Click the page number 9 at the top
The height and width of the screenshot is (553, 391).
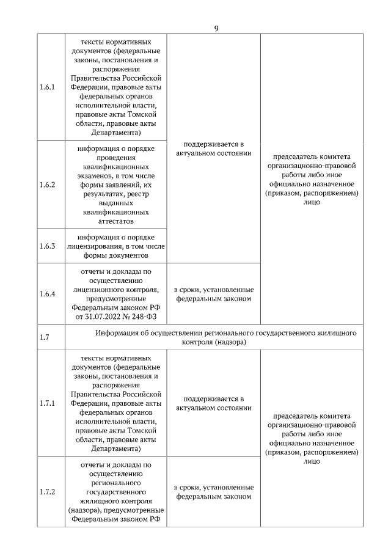click(217, 27)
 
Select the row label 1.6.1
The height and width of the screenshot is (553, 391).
click(47, 87)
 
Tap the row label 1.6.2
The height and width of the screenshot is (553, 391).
click(47, 185)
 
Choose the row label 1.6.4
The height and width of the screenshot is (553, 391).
click(47, 294)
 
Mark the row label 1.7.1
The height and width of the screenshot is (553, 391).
click(47, 404)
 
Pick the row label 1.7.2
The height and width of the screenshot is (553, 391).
click(47, 492)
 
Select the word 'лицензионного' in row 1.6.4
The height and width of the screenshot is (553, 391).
click(98, 290)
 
